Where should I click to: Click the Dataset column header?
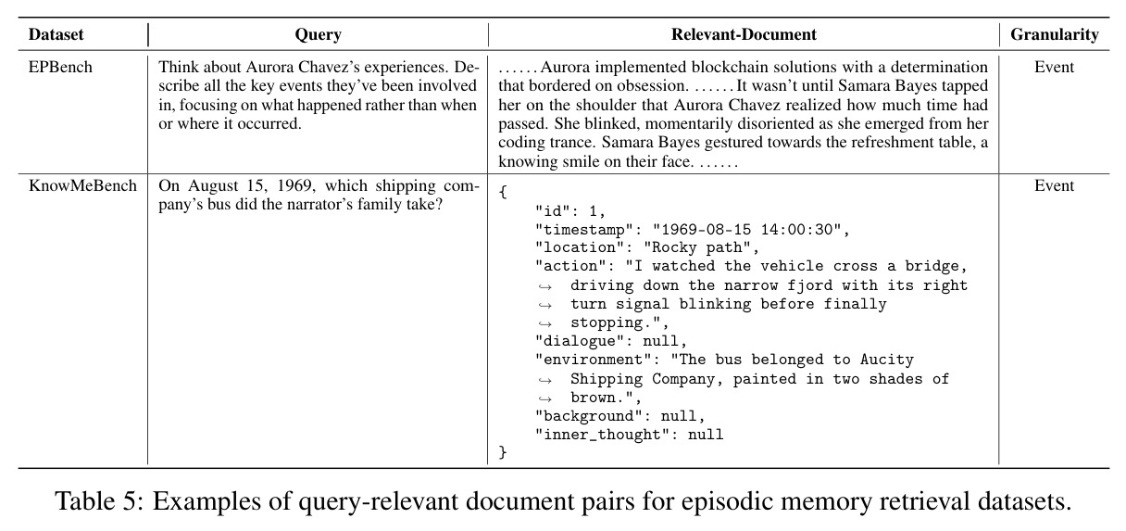[56, 34]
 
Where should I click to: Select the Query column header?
[319, 34]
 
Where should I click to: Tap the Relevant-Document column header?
[744, 34]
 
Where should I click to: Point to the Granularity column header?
[1054, 34]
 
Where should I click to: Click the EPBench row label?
[60, 67]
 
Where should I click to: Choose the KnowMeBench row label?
[82, 185]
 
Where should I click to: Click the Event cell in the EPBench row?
[1054, 67]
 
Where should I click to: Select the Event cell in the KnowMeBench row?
[1054, 185]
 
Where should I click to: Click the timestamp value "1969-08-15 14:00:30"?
[746, 230]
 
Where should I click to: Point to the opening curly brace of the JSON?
[503, 192]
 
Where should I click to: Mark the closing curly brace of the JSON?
[503, 452]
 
